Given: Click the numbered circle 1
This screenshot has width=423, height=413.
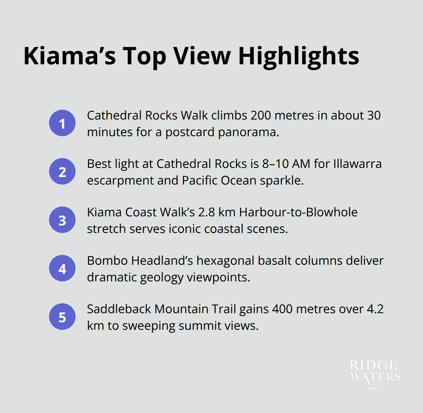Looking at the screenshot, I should [x=62, y=123].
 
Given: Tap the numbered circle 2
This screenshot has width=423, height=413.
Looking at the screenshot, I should [x=62, y=172].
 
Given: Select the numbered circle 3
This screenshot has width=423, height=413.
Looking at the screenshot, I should [x=62, y=220].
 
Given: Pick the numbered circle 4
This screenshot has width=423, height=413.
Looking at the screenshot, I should [x=62, y=269].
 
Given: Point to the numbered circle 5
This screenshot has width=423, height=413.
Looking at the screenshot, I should [x=62, y=317].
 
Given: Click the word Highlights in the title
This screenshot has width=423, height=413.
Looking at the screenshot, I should [x=298, y=56].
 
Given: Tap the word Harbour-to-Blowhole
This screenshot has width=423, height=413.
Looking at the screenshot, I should [x=298, y=212].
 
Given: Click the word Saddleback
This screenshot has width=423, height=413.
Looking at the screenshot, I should [x=119, y=309].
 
